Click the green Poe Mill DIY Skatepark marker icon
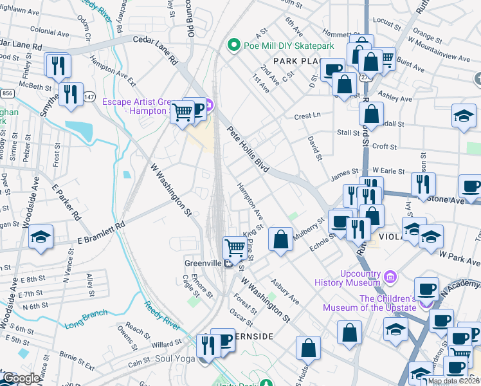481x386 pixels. (233, 46)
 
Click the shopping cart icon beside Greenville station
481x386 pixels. (235, 247)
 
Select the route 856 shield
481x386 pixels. (7, 93)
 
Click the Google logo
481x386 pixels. (21, 379)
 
